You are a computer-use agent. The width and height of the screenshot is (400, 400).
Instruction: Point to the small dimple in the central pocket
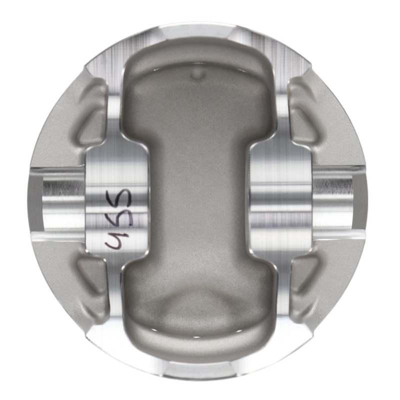click(198, 75)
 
